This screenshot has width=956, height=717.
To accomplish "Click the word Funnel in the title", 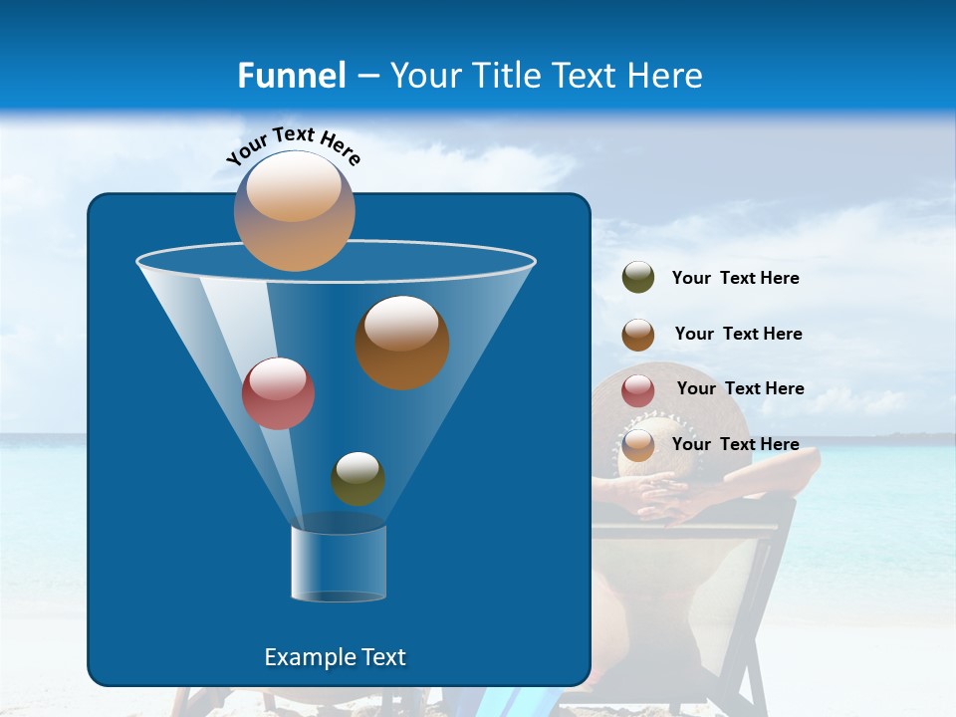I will click(291, 76).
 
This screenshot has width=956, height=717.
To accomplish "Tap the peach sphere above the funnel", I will click(295, 210).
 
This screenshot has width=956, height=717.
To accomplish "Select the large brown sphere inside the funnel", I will click(402, 342).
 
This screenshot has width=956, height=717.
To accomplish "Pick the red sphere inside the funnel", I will click(278, 392).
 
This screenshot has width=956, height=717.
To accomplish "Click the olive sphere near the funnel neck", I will click(358, 478).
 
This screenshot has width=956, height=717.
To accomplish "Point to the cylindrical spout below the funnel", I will click(338, 563).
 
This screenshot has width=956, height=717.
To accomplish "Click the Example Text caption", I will click(335, 657).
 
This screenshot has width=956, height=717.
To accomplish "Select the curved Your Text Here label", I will click(294, 145).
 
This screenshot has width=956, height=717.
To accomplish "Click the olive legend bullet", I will click(638, 278).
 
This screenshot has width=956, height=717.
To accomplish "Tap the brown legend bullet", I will click(638, 335).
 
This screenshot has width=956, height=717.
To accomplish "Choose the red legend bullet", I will click(638, 390).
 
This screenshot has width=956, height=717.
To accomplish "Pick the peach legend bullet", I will click(638, 445).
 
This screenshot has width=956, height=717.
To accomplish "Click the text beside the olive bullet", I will click(735, 279).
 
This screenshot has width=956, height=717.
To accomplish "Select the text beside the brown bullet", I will click(738, 334).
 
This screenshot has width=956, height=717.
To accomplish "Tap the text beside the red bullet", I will click(740, 388).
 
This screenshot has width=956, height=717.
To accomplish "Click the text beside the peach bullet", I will click(735, 444).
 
